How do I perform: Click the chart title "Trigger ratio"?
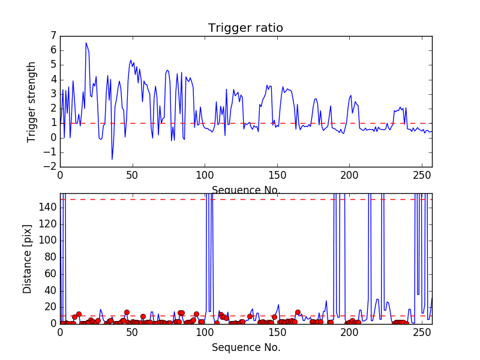pyautogui.click(x=245, y=28)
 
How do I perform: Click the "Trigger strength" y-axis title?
pyautogui.click(x=32, y=102)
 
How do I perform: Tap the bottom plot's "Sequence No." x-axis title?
pyautogui.click(x=246, y=347)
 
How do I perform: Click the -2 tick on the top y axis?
pyautogui.click(x=52, y=167)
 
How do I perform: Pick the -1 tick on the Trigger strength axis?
pyautogui.click(x=52, y=152)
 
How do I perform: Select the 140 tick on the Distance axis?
pyautogui.click(x=49, y=208)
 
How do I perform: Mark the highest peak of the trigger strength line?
pyautogui.click(x=86, y=43)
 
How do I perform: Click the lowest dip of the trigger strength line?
pyautogui.click(x=112, y=159)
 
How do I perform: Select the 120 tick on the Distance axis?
pyautogui.click(x=49, y=224)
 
